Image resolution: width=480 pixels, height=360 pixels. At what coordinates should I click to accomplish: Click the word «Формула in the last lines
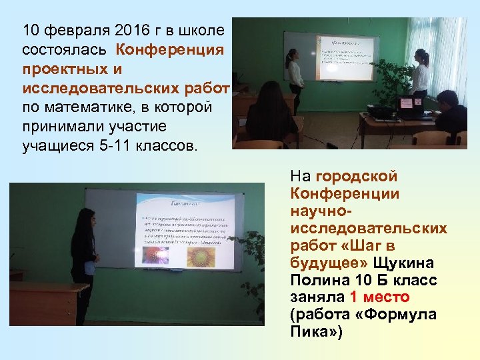407,314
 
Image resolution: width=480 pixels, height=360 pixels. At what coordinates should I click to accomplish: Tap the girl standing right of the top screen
419,73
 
